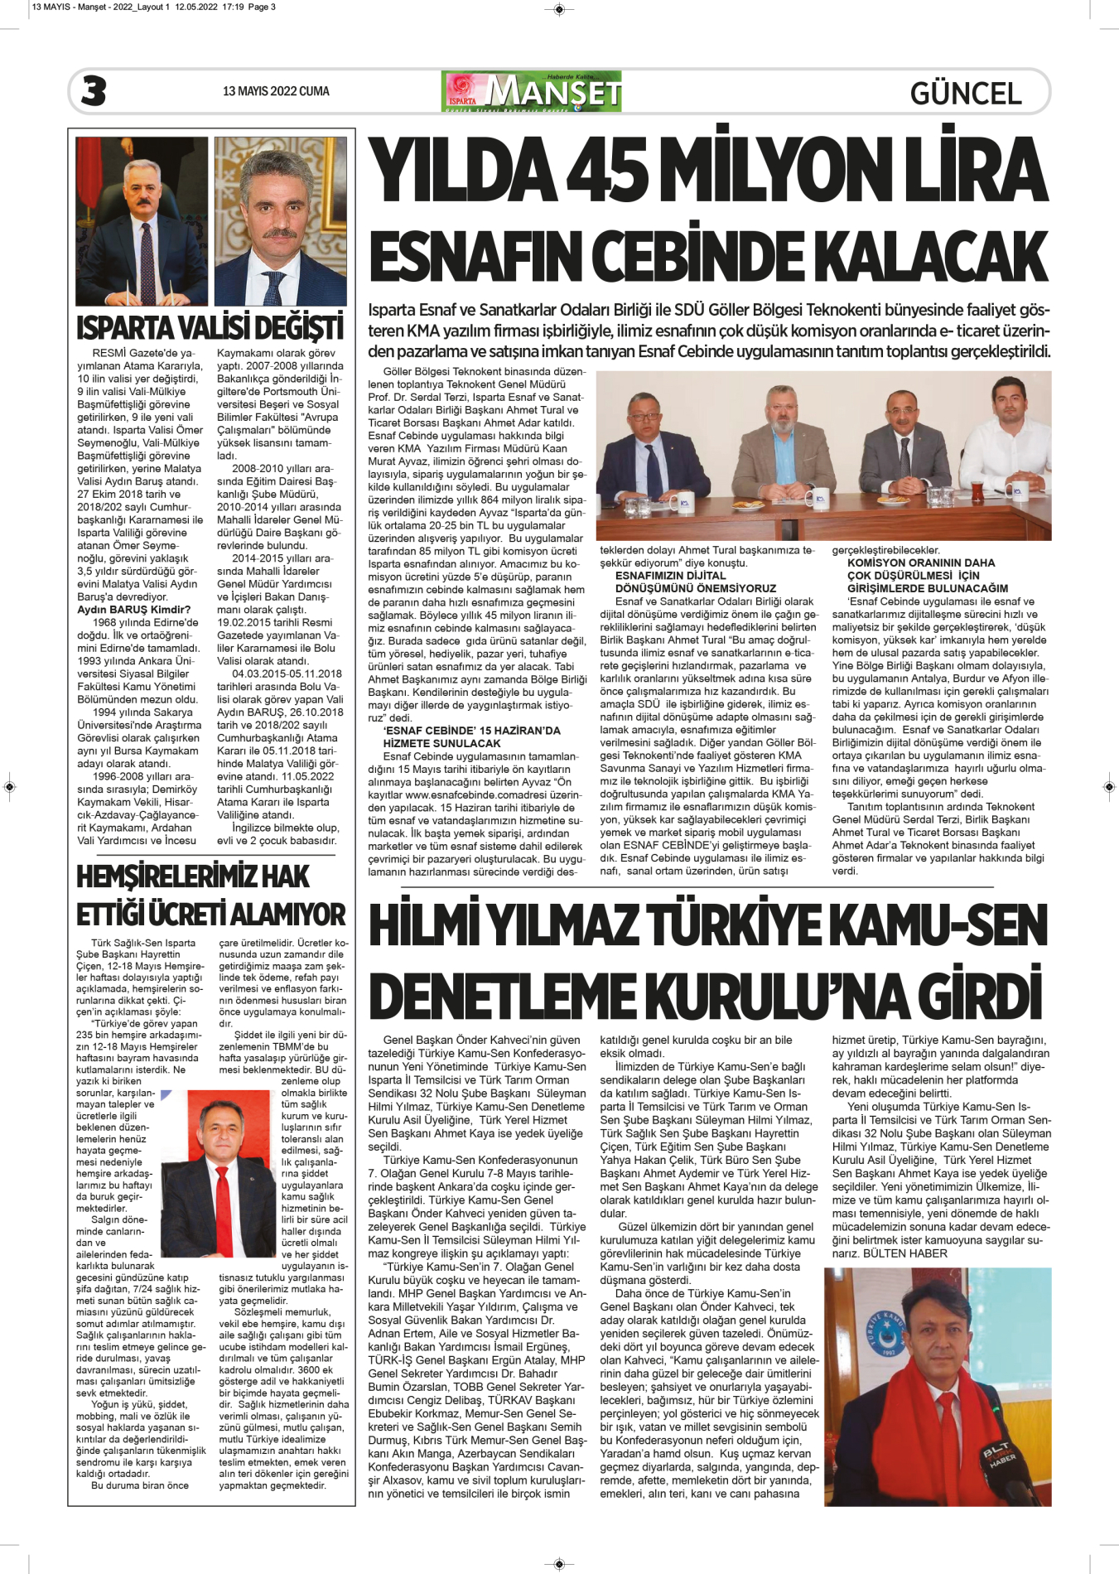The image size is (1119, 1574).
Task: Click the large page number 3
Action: (x=94, y=91)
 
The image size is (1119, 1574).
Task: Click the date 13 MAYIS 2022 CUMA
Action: (x=276, y=91)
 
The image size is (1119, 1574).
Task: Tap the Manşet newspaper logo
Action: (x=532, y=91)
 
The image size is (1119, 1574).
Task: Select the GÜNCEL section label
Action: (x=966, y=94)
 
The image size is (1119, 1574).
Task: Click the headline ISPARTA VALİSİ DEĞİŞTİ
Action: (x=210, y=328)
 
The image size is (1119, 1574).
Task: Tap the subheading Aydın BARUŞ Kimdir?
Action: (x=133, y=610)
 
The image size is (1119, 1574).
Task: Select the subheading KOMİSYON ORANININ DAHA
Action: (x=920, y=562)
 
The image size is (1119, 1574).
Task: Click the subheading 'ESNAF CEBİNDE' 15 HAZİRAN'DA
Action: (x=471, y=731)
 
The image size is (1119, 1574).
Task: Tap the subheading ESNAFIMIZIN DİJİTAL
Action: (x=670, y=576)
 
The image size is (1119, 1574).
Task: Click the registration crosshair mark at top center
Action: (x=559, y=10)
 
